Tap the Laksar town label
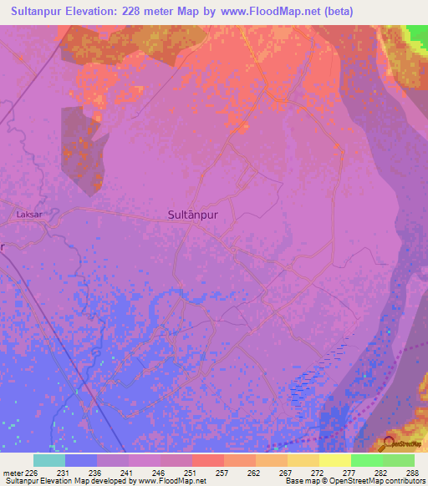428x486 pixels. click(28, 215)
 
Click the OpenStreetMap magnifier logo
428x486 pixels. click(390, 443)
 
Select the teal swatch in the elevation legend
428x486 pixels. click(49, 460)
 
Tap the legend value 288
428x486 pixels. click(413, 473)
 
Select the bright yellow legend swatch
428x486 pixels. click(334, 460)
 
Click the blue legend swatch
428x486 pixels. click(81, 460)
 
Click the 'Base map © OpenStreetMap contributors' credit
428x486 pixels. click(354, 481)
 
